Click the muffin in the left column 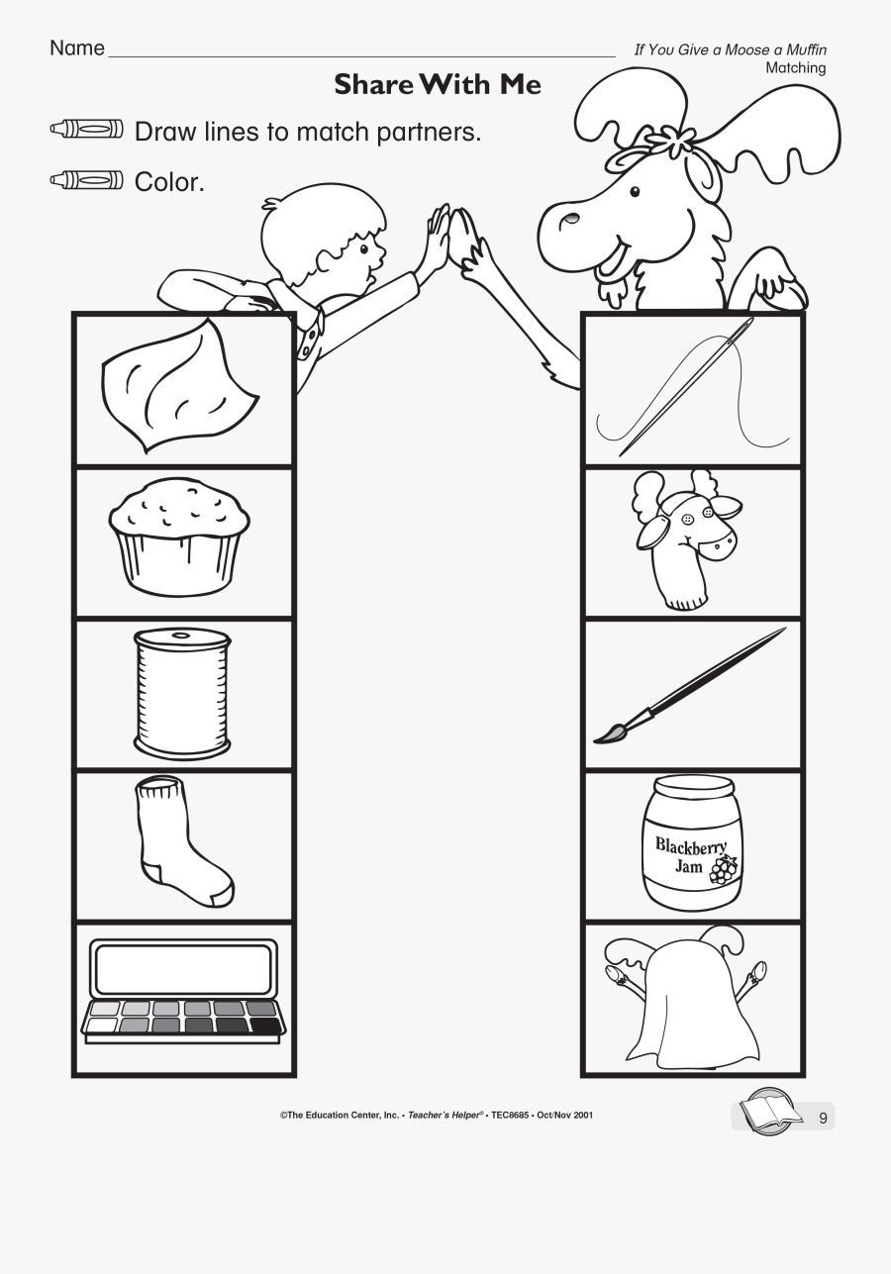click(x=179, y=539)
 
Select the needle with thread click(x=683, y=391)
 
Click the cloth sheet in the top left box click(x=178, y=386)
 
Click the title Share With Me click(x=438, y=85)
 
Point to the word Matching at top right click(x=795, y=67)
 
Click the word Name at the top click(x=76, y=49)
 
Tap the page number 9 click(x=822, y=1119)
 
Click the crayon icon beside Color click(x=87, y=181)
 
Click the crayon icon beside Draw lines click(x=87, y=131)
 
